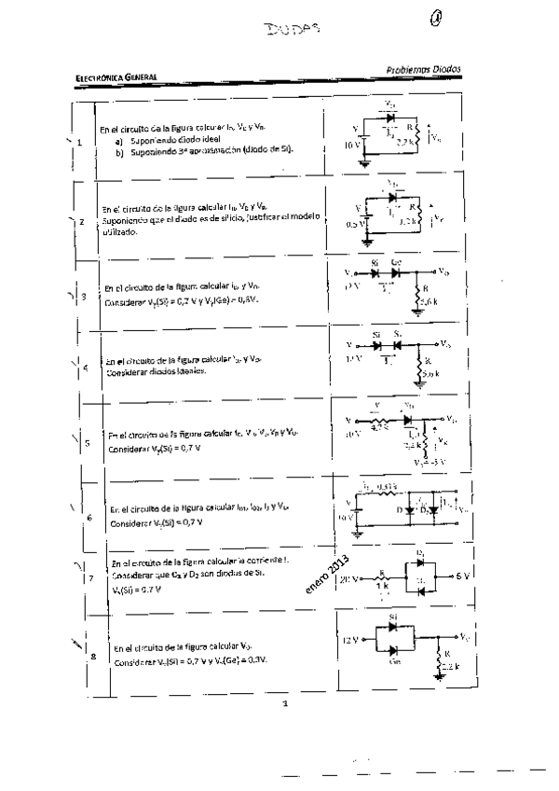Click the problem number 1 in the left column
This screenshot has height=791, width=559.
(80, 143)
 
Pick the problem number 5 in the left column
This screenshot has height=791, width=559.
(87, 444)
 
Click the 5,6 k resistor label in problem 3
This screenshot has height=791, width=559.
(429, 301)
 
